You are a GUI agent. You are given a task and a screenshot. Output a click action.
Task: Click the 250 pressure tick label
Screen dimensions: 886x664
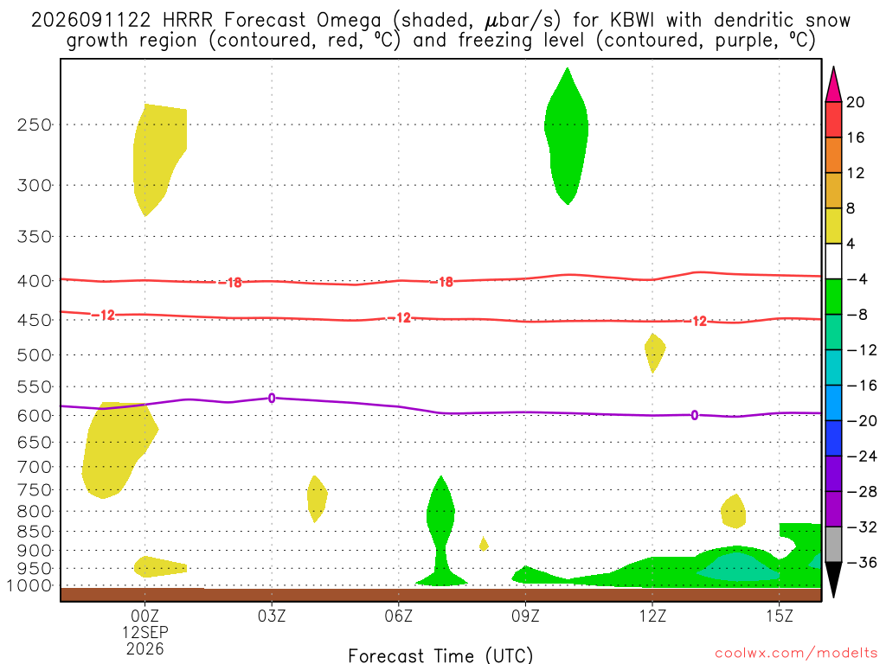coord(34,124)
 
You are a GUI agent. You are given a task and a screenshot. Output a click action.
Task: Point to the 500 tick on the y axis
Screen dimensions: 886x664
coord(34,355)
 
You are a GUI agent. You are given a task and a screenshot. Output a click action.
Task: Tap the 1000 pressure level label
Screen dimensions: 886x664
coord(29,585)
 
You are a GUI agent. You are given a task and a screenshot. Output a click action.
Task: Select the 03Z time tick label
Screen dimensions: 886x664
coord(272,616)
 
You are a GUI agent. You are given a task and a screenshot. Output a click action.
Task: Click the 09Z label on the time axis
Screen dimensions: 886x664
coord(525,616)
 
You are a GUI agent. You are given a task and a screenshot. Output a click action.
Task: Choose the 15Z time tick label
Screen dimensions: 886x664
coord(780,616)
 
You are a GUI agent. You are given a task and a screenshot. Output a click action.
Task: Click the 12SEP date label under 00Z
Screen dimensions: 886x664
coord(145,632)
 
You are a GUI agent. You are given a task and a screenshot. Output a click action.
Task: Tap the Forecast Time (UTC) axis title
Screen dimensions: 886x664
coord(440,655)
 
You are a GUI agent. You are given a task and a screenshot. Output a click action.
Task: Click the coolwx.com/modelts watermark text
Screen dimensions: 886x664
coord(796,654)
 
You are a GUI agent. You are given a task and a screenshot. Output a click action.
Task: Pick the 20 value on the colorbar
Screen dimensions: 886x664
coord(856,102)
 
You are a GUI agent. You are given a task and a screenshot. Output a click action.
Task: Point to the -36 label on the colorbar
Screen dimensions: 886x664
coord(862,562)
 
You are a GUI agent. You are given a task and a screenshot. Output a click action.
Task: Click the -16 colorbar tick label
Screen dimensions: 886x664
coord(862,386)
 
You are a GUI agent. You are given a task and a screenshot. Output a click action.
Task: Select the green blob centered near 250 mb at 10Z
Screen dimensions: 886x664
coord(567,136)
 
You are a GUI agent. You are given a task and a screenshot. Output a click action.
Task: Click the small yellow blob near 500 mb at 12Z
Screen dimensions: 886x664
coord(655,352)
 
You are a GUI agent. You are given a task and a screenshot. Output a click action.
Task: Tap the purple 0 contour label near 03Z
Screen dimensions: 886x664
coord(272,398)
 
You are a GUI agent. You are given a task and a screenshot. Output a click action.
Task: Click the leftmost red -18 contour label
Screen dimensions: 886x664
coord(230,283)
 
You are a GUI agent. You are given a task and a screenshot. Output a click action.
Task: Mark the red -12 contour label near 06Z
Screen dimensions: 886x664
coord(400,318)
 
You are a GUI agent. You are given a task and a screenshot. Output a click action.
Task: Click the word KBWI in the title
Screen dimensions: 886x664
coord(632,21)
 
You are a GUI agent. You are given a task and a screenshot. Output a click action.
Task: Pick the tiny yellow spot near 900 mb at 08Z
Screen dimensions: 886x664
coord(483,544)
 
